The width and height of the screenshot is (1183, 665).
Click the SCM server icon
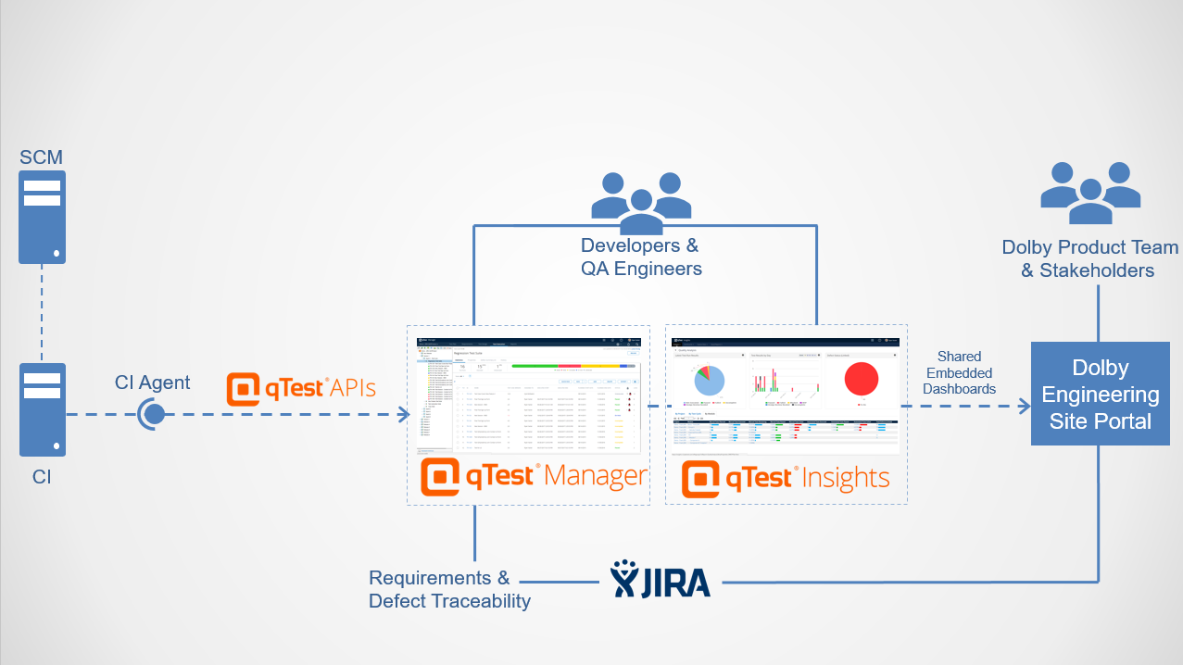[43, 217]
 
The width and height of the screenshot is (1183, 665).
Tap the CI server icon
[43, 408]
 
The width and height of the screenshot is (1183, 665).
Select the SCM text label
[43, 157]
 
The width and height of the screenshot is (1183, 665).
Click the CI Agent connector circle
[153, 414]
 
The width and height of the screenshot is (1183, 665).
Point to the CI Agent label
[152, 382]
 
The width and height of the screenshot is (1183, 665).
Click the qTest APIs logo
[301, 389]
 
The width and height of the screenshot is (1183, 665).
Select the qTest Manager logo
[533, 477]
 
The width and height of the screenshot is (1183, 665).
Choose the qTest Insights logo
[786, 478]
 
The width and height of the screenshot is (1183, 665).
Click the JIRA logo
[660, 581]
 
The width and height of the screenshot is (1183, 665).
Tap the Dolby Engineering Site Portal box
[1100, 394]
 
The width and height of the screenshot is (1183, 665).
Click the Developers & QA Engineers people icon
[641, 201]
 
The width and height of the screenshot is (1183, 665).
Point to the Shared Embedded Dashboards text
[959, 372]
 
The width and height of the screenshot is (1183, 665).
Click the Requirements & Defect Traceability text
[449, 589]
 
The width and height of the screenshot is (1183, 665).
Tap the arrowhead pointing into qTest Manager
[404, 414]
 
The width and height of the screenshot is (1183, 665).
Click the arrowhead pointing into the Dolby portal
[1024, 406]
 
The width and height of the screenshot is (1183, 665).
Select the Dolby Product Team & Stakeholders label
[1089, 259]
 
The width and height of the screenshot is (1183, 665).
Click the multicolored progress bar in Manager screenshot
[573, 366]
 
